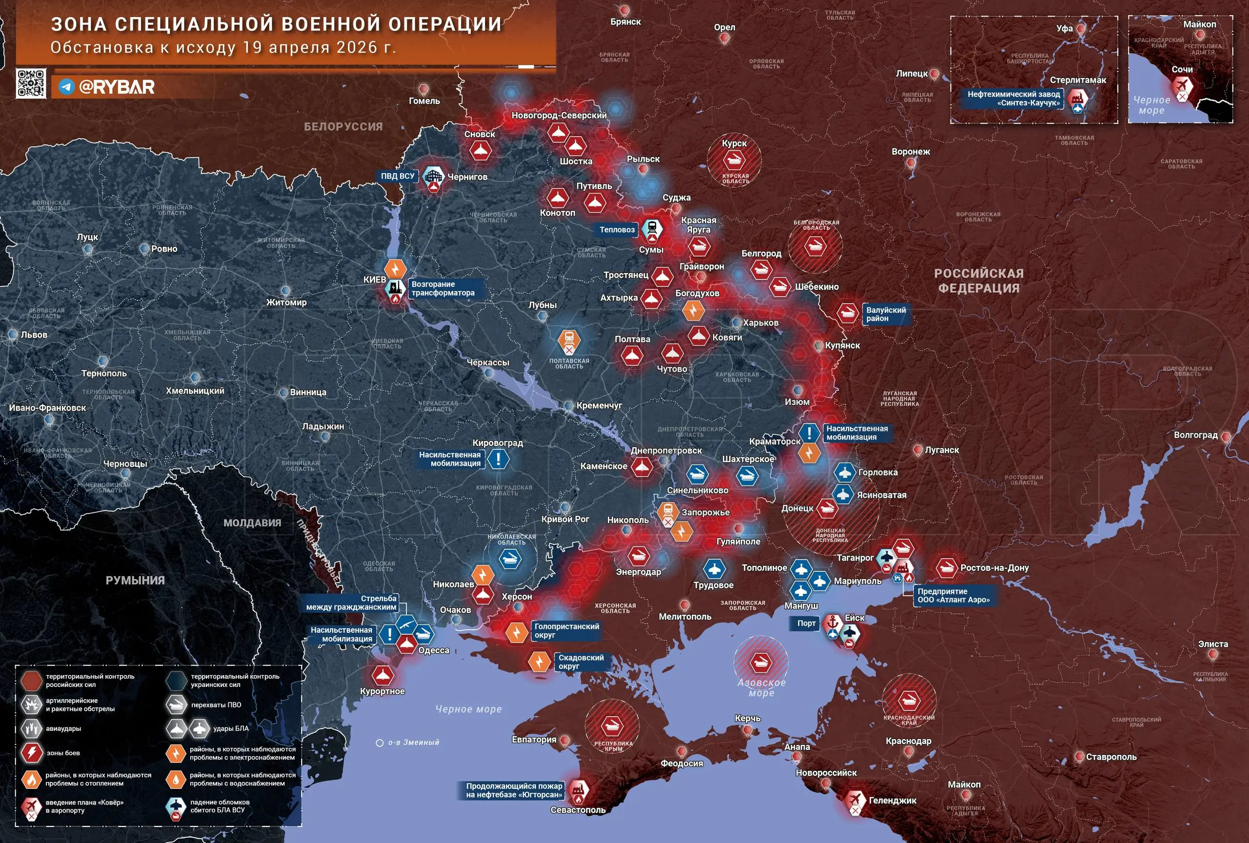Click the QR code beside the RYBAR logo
tap(31, 83)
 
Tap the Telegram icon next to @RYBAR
tap(66, 86)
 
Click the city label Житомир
tap(286, 302)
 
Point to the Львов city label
tap(34, 335)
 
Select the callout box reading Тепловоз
tap(617, 230)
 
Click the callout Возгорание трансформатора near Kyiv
tap(443, 288)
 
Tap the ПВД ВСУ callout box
tap(398, 176)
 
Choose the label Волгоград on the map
tap(1195, 435)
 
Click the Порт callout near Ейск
tap(806, 623)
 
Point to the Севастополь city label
tap(578, 810)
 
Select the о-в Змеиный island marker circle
tap(380, 743)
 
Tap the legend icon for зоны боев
tap(32, 753)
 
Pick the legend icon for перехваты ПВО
tap(176, 705)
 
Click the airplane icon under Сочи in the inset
tap(1182, 86)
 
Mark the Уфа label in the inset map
tap(1064, 28)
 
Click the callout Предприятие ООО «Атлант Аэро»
tap(953, 595)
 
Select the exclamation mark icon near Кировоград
tap(498, 460)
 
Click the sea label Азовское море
tap(762, 688)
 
